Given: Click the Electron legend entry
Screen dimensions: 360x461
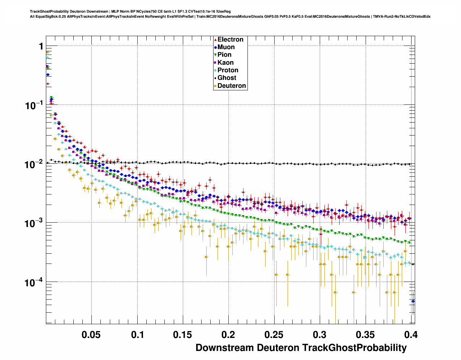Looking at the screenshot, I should click(230, 39).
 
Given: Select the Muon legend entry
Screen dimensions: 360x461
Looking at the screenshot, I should click(226, 47).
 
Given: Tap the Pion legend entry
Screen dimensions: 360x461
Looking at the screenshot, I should click(224, 55).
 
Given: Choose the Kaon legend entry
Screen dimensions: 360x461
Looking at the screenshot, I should click(225, 63).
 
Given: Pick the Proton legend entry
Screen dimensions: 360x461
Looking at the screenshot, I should click(228, 70).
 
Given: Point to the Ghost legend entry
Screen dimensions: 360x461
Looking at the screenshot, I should click(227, 78).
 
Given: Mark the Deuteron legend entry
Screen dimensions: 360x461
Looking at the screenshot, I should click(232, 86).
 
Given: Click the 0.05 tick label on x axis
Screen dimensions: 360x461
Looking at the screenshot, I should click(91, 335).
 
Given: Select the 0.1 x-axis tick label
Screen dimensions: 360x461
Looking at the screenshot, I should click(138, 335).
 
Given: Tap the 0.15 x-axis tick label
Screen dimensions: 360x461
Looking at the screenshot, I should click(183, 335).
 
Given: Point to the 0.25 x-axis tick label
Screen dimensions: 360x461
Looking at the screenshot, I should click(274, 335).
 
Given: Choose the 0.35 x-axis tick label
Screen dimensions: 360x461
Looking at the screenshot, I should click(365, 335).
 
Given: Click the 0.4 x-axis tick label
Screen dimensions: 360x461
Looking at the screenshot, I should click(411, 335).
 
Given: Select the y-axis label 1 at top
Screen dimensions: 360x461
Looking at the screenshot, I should click(41, 46).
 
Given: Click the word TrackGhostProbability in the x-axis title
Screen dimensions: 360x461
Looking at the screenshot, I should click(354, 348).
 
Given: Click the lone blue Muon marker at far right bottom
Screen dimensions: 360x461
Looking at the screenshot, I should click(413, 301).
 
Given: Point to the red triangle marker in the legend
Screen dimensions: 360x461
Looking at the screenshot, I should click(215, 39).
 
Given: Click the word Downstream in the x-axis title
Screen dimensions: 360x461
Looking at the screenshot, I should click(225, 348).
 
